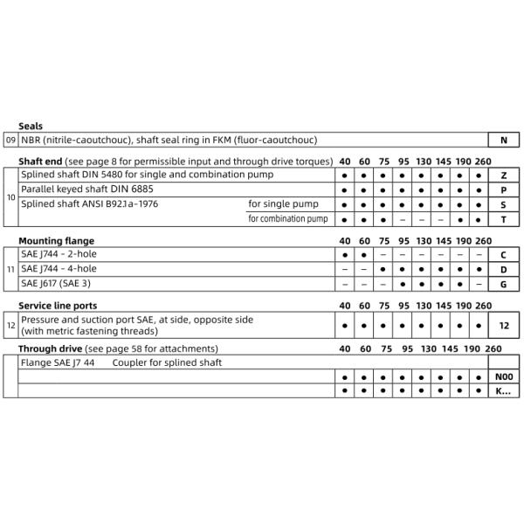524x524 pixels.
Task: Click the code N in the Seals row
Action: pyautogui.click(x=504, y=140)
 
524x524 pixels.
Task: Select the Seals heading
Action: pyautogui.click(x=31, y=127)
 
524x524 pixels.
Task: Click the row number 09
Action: pyautogui.click(x=10, y=140)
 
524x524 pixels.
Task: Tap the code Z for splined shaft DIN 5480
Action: pyautogui.click(x=504, y=175)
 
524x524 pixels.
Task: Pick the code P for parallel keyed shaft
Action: pyautogui.click(x=504, y=190)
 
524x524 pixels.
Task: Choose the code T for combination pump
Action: pyautogui.click(x=504, y=219)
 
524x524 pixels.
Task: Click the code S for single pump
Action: pyautogui.click(x=504, y=204)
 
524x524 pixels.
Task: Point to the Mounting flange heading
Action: pyautogui.click(x=56, y=240)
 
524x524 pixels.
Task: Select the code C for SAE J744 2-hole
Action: pyautogui.click(x=504, y=254)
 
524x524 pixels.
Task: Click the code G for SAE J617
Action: pyautogui.click(x=504, y=284)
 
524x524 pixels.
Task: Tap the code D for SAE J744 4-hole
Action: pyautogui.click(x=504, y=269)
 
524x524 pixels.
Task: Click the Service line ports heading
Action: pyautogui.click(x=58, y=306)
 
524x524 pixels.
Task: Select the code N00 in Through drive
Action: pyautogui.click(x=504, y=376)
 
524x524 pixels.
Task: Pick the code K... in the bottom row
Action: pyautogui.click(x=504, y=390)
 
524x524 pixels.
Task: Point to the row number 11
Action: pyautogui.click(x=10, y=269)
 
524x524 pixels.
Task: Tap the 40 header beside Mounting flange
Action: pyautogui.click(x=345, y=240)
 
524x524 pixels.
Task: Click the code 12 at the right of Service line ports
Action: pyautogui.click(x=504, y=326)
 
